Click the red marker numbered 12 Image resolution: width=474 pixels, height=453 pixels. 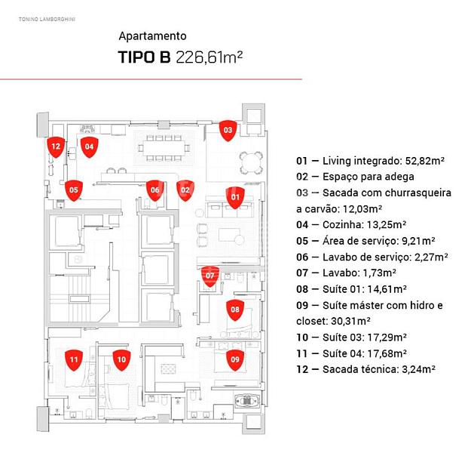(55, 146)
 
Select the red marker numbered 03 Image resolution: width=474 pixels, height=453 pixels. (228, 130)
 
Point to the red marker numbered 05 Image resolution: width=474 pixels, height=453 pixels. (73, 190)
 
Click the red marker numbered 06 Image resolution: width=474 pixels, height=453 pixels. (154, 190)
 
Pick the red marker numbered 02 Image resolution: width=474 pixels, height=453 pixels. (185, 190)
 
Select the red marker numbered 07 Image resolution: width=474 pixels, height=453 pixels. (211, 276)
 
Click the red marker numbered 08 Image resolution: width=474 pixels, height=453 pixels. (235, 309)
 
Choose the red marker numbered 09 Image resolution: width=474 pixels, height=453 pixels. (235, 359)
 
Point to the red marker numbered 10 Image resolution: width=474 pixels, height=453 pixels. (121, 360)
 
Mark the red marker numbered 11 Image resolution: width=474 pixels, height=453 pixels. (73, 360)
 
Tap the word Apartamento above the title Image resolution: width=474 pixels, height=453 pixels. (152, 35)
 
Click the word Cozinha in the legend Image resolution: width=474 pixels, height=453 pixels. (343, 224)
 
